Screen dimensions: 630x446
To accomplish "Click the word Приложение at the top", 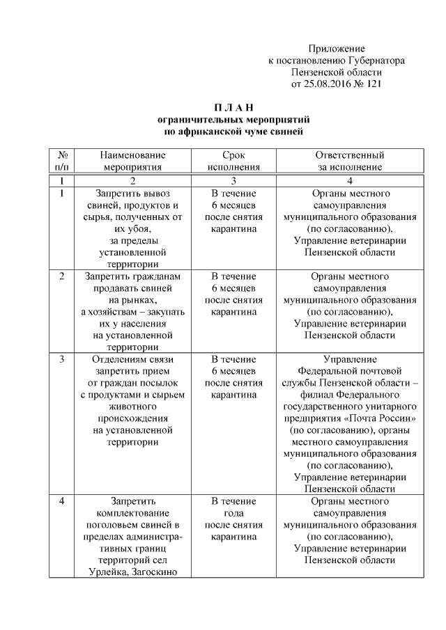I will coord(337,49).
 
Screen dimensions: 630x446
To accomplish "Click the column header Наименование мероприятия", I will coord(132,161).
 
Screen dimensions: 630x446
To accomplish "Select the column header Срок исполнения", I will coord(233,161).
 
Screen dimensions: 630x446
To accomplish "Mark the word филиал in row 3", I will coord(303,395).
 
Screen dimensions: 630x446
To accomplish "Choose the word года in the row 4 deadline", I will coord(233,513).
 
